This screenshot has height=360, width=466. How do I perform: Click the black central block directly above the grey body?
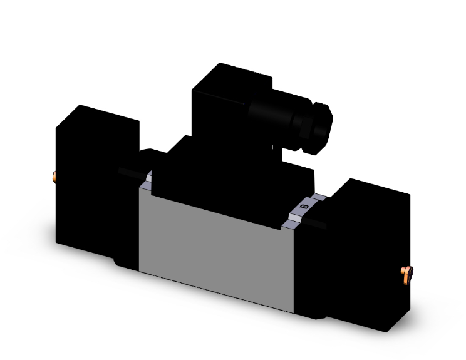coord(232,175)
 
